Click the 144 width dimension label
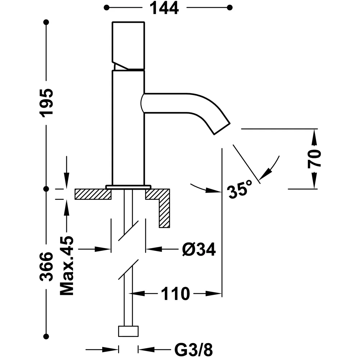pyautogui.click(x=164, y=8)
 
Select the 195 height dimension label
pyautogui.click(x=46, y=103)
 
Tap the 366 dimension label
pyautogui.click(x=46, y=267)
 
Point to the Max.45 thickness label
pyautogui.click(x=67, y=266)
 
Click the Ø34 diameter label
pyautogui.click(x=199, y=249)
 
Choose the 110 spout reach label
pyautogui.click(x=175, y=294)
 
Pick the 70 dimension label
pyautogui.click(x=314, y=159)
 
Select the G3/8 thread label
pyautogui.click(x=193, y=350)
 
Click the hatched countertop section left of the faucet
pyautogui.click(x=93, y=194)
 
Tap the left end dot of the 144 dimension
pyautogui.click(x=106, y=8)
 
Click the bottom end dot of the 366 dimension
pyautogui.click(x=46, y=337)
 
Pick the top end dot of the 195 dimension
pyautogui.click(x=46, y=22)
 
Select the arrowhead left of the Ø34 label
pyautogui.click(x=154, y=249)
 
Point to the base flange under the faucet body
pyautogui.click(x=129, y=186)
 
